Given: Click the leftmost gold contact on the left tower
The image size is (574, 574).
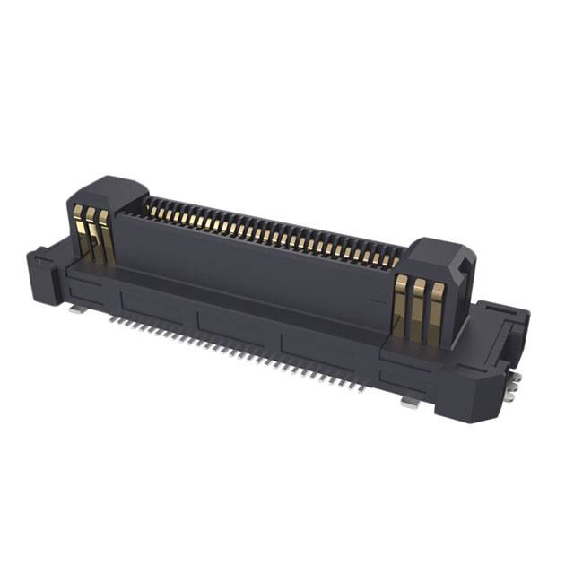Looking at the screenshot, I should (x=79, y=232).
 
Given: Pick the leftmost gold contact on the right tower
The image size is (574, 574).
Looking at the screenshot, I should (x=400, y=305).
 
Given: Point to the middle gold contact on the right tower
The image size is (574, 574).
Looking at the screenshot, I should (x=417, y=310).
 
